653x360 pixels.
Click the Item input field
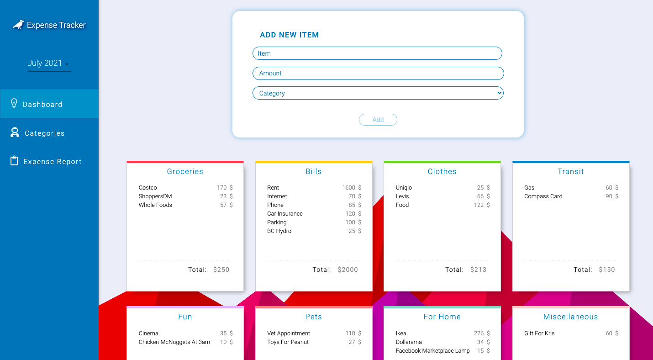(377, 53)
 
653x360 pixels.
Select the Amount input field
(378, 73)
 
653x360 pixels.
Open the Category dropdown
(378, 93)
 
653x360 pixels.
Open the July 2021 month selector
(48, 64)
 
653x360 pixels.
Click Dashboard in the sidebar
(42, 104)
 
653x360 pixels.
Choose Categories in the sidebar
(44, 133)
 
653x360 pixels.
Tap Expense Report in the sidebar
(52, 162)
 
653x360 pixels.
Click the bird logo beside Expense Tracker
(18, 25)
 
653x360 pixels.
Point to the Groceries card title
(185, 171)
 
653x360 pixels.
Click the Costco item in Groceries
(148, 188)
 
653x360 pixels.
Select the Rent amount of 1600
(349, 188)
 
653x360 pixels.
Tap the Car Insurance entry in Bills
(285, 214)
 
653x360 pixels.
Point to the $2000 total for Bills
(348, 270)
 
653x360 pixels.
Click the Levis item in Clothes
(402, 196)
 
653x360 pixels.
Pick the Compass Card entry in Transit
(543, 196)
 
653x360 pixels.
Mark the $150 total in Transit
(607, 270)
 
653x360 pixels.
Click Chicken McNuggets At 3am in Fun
(174, 342)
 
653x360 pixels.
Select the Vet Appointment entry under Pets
(289, 334)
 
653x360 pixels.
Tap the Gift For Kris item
(539, 334)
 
